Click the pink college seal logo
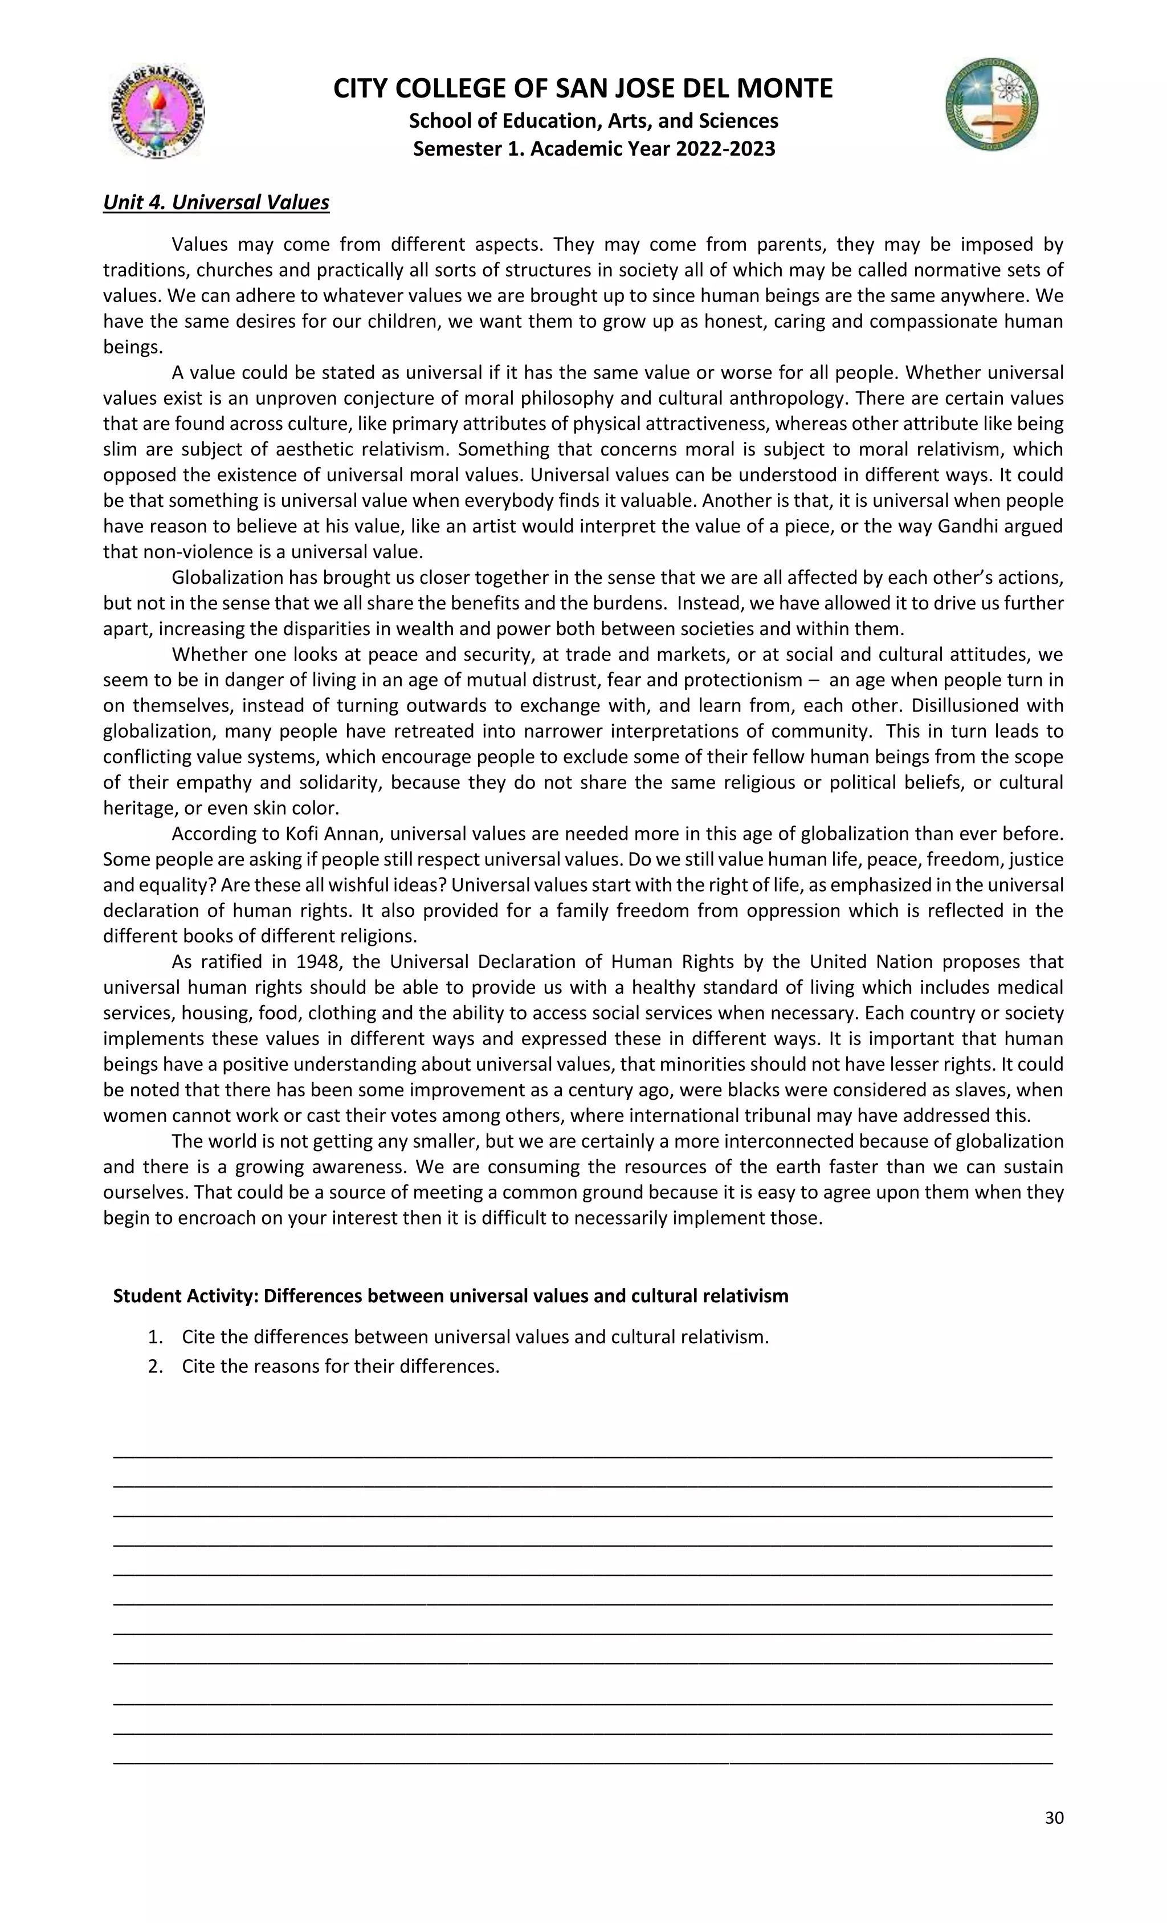[x=157, y=112]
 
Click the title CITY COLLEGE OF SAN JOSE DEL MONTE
[x=583, y=88]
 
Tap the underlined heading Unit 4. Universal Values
[x=216, y=202]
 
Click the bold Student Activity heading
[x=450, y=1295]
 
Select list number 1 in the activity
[x=155, y=1337]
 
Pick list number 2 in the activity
[x=155, y=1367]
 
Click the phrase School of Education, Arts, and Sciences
[x=594, y=121]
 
